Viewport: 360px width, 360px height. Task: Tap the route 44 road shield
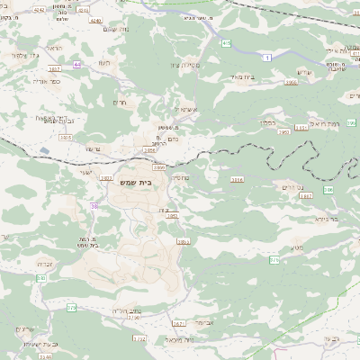click(77, 66)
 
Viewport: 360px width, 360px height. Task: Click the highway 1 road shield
click(266, 56)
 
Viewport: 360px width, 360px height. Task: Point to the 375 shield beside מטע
click(275, 259)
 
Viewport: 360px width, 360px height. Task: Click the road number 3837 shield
click(54, 69)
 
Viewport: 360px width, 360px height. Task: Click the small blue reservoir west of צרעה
click(43, 149)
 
